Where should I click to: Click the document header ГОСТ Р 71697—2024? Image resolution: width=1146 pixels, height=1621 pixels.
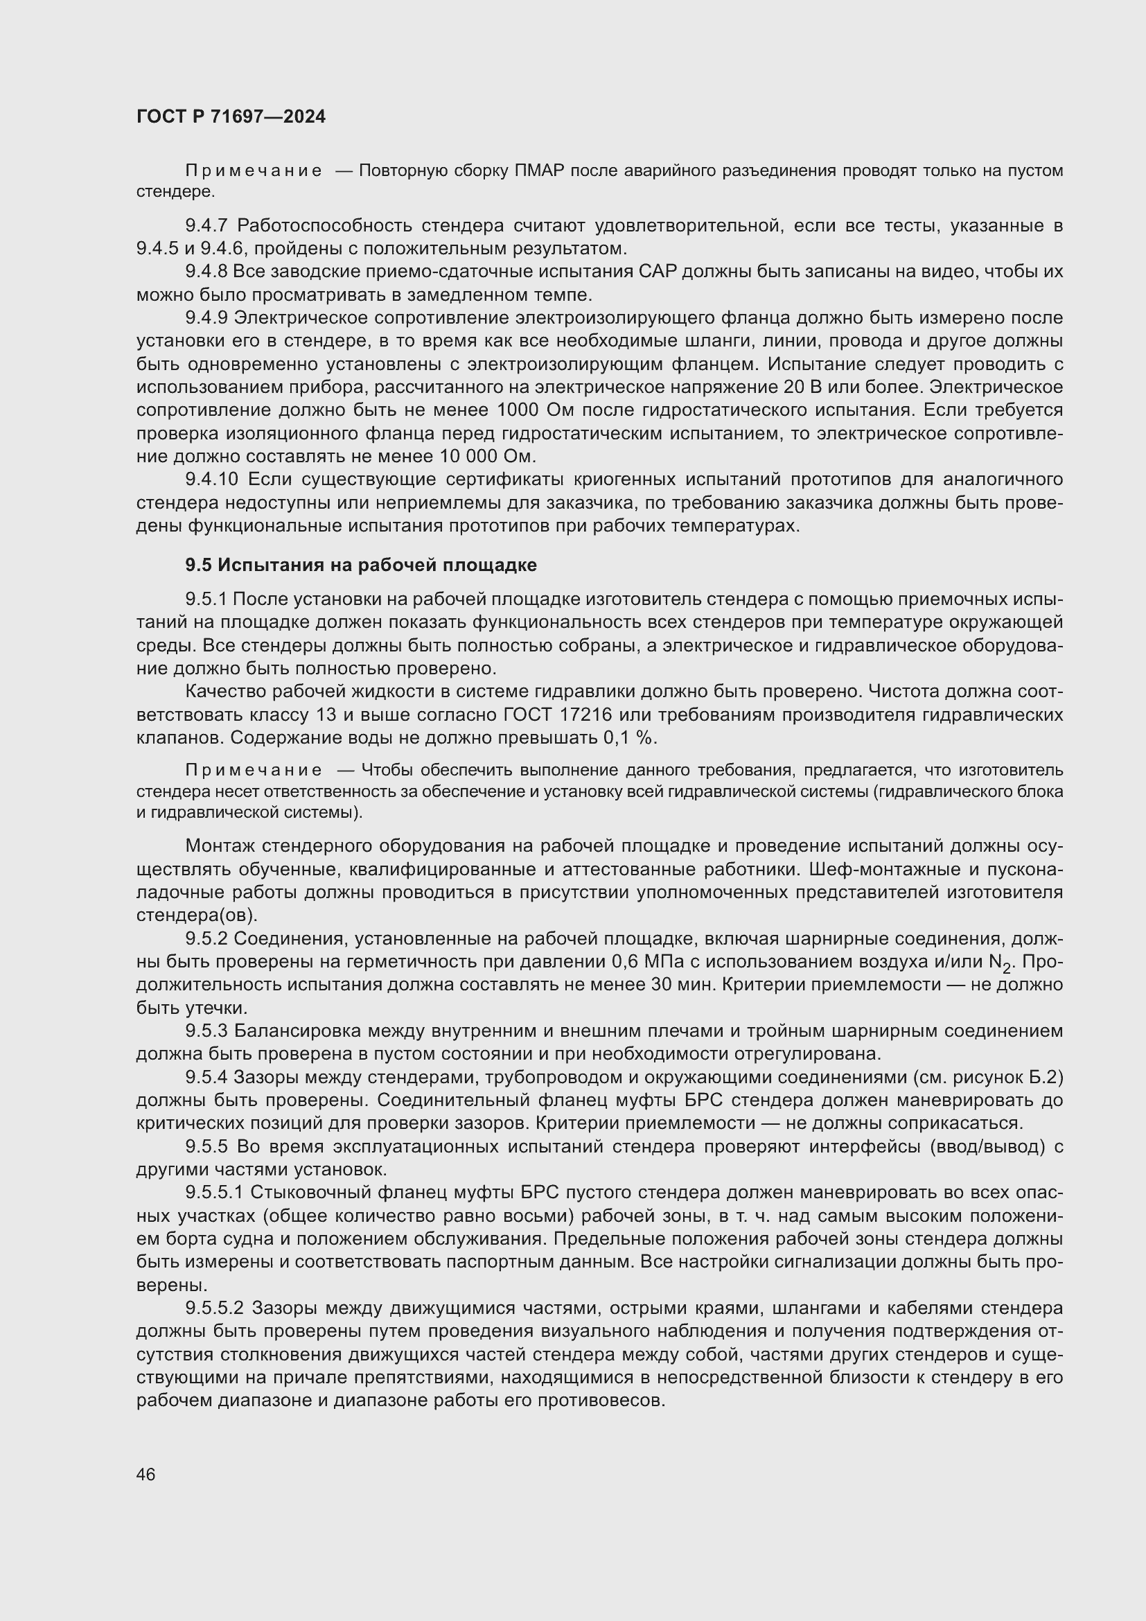[231, 117]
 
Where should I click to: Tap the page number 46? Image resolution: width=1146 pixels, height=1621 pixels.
[146, 1474]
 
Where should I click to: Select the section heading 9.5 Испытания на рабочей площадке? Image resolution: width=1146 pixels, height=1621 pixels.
[360, 565]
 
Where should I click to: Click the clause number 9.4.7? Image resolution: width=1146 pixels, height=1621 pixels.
[206, 226]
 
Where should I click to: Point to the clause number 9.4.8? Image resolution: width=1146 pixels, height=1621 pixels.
[206, 272]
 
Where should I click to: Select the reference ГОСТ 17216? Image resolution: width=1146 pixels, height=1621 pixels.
[557, 715]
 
